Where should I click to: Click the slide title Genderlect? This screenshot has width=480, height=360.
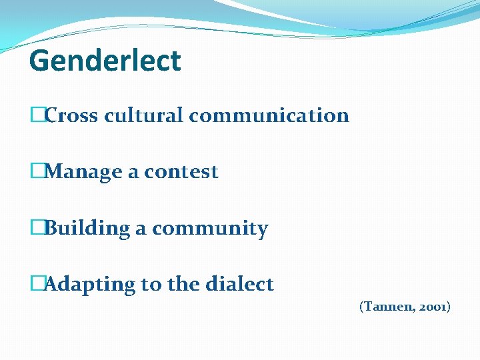(x=105, y=61)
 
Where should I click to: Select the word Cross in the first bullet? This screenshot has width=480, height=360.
(x=72, y=115)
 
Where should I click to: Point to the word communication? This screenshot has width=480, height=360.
(x=269, y=115)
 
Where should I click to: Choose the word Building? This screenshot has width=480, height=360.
(x=87, y=229)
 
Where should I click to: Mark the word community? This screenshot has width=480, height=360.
(x=210, y=229)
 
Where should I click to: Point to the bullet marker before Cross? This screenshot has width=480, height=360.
(x=36, y=115)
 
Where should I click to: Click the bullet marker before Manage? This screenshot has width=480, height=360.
(x=36, y=172)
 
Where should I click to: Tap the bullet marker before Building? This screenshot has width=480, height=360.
(x=36, y=229)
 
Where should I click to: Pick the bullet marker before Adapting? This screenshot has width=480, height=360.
(x=36, y=285)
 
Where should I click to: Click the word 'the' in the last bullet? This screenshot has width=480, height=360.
(x=182, y=285)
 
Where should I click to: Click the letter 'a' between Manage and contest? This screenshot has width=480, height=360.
(x=133, y=173)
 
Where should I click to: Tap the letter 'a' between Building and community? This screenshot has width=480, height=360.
(x=141, y=229)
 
